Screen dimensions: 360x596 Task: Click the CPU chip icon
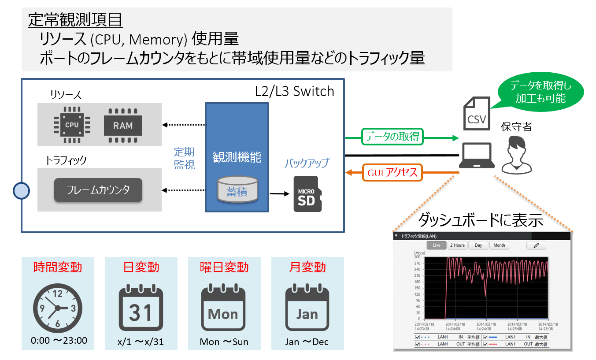(71, 125)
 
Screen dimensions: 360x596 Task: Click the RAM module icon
(123, 126)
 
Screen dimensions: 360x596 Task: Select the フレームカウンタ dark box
(98, 190)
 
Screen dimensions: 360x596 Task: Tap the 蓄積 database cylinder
(237, 189)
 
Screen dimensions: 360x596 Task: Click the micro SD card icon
(307, 194)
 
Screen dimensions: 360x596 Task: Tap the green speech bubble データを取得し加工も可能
(540, 92)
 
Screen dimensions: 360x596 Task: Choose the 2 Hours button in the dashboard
(457, 245)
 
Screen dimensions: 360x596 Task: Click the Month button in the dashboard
(499, 245)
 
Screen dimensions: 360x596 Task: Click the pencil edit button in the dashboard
(536, 245)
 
